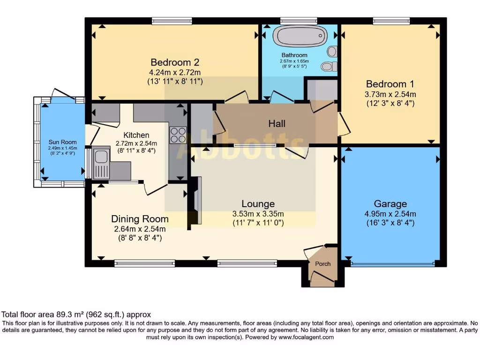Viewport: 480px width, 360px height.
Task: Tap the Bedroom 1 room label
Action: click(x=390, y=84)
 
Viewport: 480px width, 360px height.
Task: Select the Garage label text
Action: click(x=390, y=204)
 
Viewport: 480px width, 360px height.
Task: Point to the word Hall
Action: click(x=277, y=124)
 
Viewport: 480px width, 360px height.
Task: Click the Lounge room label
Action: click(x=258, y=204)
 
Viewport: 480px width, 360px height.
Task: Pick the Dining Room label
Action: click(x=140, y=219)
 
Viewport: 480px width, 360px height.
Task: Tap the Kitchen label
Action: click(x=136, y=135)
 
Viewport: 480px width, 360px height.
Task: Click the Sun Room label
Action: click(x=62, y=142)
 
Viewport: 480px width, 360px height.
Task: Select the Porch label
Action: click(x=322, y=264)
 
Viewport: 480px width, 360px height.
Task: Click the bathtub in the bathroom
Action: click(x=300, y=35)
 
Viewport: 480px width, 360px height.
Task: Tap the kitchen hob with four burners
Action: click(x=178, y=135)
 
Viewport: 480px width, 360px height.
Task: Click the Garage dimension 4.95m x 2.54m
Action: click(x=390, y=214)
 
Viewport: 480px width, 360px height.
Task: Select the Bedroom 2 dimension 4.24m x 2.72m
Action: click(x=175, y=72)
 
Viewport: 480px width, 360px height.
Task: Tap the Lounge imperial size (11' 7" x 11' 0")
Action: click(x=258, y=224)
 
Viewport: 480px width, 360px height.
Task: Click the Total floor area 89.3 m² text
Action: click(x=76, y=315)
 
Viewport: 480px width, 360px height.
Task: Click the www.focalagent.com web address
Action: click(x=306, y=337)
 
